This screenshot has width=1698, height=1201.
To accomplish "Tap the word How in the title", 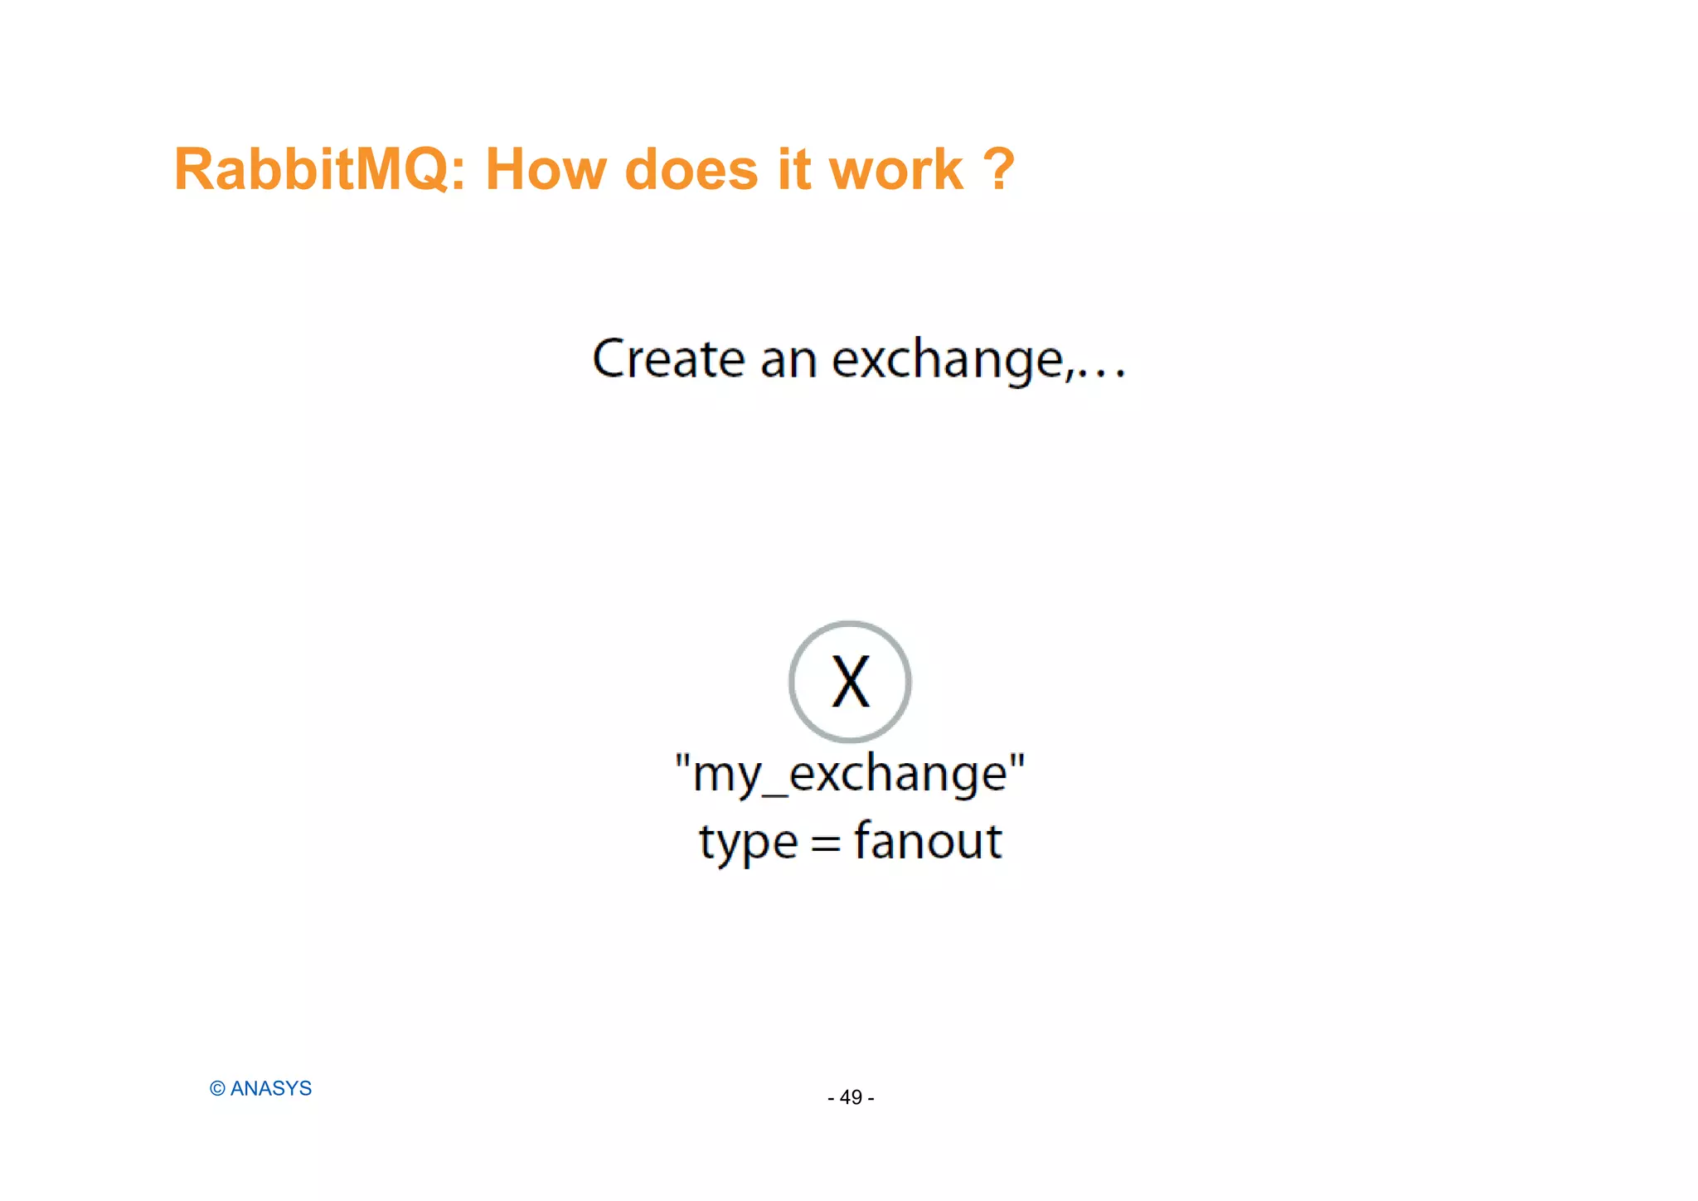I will (x=545, y=170).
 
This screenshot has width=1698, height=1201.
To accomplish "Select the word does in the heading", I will (x=691, y=170).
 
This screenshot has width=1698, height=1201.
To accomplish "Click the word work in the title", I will (x=896, y=170).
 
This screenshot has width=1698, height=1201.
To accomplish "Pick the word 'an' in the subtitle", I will (x=788, y=361).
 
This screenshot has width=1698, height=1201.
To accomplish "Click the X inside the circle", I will (x=850, y=682).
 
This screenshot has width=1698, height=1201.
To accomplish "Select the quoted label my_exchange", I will (x=850, y=774).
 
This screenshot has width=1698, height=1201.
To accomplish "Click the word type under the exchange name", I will (x=748, y=843).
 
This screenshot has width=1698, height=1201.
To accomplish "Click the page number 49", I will (x=851, y=1097).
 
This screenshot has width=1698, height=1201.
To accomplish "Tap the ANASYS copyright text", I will (x=270, y=1088).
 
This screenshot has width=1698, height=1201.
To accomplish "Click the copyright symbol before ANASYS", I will (x=217, y=1089).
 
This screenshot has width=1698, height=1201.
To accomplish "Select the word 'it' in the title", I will (x=793, y=170).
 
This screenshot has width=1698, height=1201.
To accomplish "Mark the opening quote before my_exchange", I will (x=682, y=761).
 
